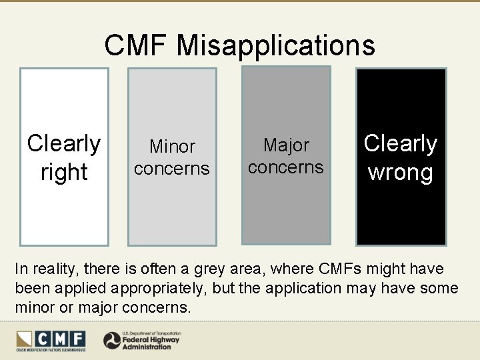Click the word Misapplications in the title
click(276, 46)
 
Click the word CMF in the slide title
click(137, 46)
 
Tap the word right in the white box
click(64, 172)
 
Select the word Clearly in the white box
click(64, 143)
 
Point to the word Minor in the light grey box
click(172, 146)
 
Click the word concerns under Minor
click(172, 169)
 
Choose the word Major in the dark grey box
click(287, 145)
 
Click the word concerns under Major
click(286, 167)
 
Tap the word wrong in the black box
click(401, 172)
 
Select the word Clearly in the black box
click(401, 143)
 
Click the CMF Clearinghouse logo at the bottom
click(51, 340)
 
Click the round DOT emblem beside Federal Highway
click(112, 341)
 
